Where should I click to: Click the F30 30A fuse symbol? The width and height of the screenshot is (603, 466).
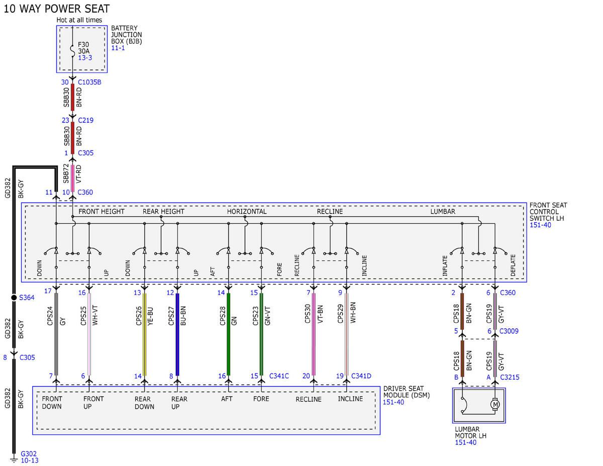pos(72,51)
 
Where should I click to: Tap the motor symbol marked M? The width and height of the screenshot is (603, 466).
pos(495,404)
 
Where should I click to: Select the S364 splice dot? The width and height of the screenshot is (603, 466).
pos(14,298)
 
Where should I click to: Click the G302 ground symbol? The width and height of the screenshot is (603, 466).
pos(14,459)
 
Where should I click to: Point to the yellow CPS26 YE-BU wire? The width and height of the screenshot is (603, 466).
pos(144,334)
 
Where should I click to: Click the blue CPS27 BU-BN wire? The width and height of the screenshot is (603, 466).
pos(177,334)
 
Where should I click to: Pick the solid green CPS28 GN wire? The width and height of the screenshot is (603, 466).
pos(228,334)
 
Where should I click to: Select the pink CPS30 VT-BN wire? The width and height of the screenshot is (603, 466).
pos(314,334)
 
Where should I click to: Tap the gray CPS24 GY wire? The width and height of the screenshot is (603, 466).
pos(56,334)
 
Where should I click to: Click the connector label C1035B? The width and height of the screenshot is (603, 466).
pos(89,82)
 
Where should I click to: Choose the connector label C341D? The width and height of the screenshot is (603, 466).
pos(361,376)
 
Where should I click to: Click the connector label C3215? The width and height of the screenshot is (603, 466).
pos(510,377)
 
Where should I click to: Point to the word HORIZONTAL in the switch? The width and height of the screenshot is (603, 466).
pos(247,212)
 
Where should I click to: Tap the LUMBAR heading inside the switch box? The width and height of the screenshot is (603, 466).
pos(443,212)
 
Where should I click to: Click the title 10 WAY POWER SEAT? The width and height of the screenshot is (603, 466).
pos(57,9)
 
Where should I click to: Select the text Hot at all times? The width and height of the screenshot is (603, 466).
pos(79,20)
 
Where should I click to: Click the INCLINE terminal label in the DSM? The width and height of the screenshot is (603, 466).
pos(350,399)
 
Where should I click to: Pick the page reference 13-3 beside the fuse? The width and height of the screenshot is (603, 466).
pos(85,58)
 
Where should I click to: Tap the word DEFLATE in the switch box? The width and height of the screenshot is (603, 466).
pos(513,265)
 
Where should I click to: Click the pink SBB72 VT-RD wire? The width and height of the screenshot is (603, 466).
pos(72,178)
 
